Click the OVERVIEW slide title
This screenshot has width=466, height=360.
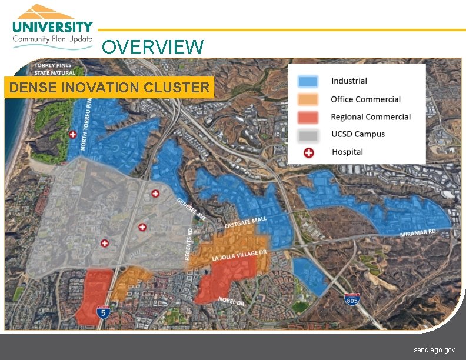(153, 46)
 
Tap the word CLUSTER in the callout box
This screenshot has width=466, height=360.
(180, 88)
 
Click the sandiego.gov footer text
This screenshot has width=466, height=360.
(434, 349)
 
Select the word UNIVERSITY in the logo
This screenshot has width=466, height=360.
(53, 27)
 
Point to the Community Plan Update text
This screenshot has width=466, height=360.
(53, 39)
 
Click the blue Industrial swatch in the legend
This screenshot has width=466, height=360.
(308, 81)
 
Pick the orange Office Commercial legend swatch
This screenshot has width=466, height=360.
(308, 99)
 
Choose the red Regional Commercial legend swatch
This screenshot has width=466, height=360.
(308, 117)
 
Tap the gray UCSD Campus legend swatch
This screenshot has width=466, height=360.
(308, 135)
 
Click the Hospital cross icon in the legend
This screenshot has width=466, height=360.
(308, 152)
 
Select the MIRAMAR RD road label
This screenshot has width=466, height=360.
(418, 233)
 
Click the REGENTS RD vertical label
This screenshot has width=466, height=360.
(189, 244)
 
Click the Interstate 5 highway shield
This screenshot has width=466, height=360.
(104, 312)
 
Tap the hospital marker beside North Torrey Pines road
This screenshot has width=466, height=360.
(73, 135)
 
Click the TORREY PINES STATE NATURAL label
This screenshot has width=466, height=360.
(55, 69)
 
